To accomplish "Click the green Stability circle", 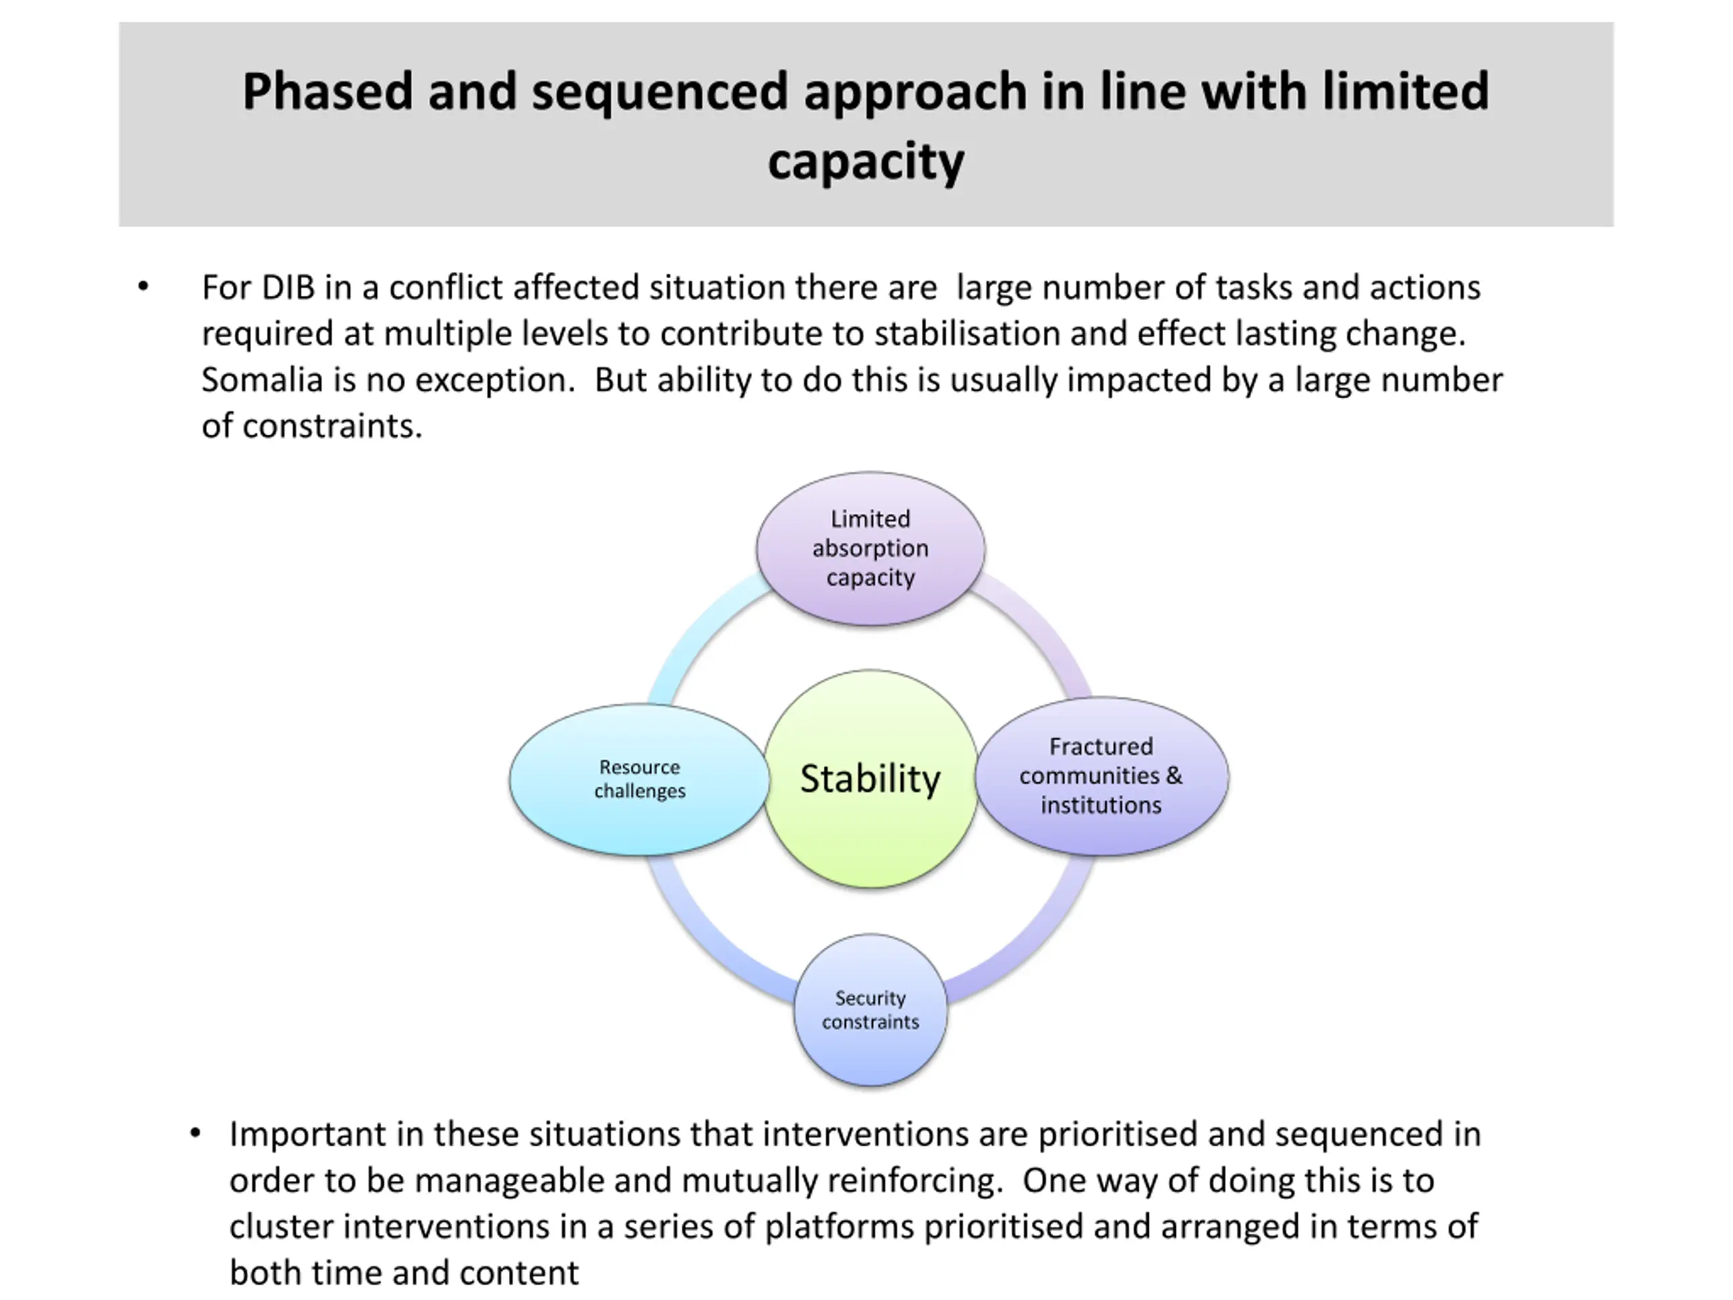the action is [x=871, y=778].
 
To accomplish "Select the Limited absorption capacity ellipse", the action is [x=871, y=548].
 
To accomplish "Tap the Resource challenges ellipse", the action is [x=639, y=779].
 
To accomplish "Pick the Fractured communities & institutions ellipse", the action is [x=1101, y=776].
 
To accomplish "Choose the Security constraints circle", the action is [x=871, y=1010].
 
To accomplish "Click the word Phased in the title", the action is [x=328, y=91].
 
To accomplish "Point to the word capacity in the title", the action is [x=866, y=162].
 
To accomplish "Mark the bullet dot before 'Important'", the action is [x=195, y=1133].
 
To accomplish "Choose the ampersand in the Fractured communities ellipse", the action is [x=1174, y=776].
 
